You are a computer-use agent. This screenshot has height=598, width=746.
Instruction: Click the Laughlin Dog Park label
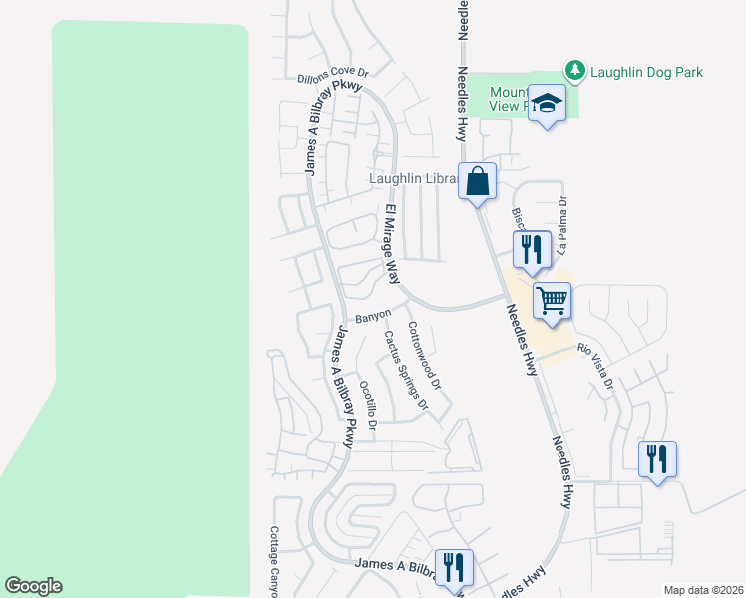click(x=646, y=72)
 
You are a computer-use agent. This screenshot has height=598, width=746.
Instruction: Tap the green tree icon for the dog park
click(x=574, y=70)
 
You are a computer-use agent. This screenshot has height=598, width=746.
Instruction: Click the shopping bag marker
click(x=478, y=182)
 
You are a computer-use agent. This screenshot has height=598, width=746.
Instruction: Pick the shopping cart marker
click(x=552, y=299)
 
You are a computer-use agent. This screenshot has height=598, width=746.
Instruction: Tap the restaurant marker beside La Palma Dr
click(x=532, y=248)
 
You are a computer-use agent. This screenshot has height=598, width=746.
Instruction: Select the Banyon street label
click(x=373, y=317)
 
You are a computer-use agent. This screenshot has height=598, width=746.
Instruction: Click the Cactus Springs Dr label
click(x=406, y=371)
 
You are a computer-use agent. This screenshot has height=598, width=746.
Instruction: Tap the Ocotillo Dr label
click(x=367, y=405)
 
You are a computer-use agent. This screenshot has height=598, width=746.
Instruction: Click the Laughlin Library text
click(x=413, y=179)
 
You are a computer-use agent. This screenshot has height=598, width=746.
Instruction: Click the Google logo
click(x=33, y=586)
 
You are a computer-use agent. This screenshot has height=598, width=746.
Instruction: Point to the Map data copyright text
click(x=703, y=590)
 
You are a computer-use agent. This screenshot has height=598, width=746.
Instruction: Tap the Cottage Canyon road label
click(x=274, y=561)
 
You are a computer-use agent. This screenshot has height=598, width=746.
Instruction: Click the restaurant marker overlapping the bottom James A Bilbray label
click(x=454, y=567)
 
